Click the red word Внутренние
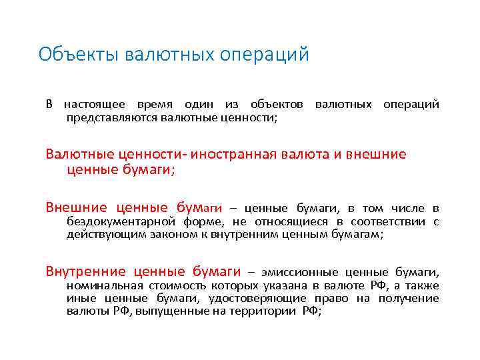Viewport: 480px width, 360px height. (x=85, y=271)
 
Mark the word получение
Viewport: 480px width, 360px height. (x=410, y=298)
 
